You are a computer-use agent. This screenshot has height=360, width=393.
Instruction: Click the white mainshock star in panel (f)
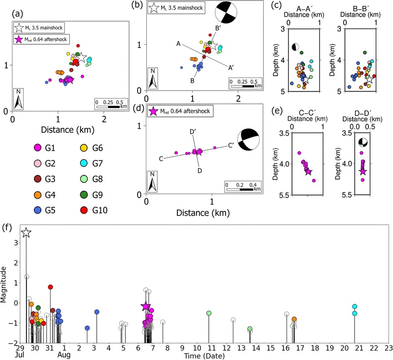(27, 233)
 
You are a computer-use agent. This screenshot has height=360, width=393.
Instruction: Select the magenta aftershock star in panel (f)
(146, 306)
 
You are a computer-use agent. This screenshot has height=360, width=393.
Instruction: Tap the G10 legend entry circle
(84, 210)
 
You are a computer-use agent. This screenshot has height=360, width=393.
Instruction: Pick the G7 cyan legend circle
(84, 163)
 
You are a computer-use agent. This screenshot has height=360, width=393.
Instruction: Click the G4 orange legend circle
(37, 195)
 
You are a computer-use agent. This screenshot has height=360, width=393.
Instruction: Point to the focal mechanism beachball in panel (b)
(226, 13)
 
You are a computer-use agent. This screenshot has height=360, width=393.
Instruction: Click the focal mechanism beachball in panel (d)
(248, 140)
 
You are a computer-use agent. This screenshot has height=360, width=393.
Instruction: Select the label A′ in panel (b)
(231, 68)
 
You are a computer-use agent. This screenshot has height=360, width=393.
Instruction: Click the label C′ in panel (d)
(231, 146)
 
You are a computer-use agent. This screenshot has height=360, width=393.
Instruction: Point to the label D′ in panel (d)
(193, 131)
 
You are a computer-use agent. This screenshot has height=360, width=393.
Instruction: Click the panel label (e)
(277, 111)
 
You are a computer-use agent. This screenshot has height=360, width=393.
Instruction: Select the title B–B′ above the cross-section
(360, 9)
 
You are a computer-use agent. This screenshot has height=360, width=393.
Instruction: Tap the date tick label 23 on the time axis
(388, 348)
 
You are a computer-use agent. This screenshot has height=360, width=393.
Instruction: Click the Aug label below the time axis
(64, 355)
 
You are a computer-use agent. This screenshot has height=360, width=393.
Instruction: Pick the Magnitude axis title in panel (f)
(3, 284)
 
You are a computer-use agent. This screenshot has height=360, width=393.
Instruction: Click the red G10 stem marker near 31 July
(51, 287)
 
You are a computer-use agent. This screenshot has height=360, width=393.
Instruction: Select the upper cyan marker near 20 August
(354, 306)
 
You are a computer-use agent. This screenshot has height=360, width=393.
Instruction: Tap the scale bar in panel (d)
(240, 189)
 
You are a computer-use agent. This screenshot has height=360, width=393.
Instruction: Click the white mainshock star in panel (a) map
(82, 58)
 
